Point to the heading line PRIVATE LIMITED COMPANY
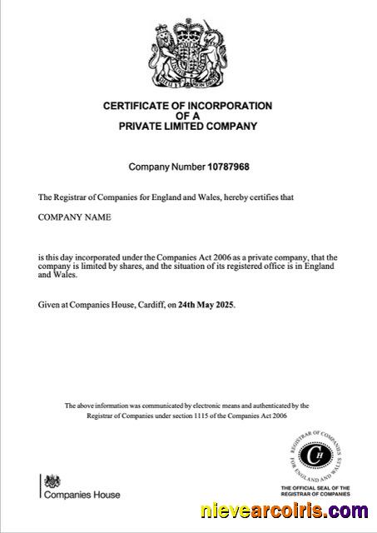click(x=187, y=127)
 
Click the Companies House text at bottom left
click(x=82, y=495)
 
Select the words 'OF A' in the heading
click(x=187, y=117)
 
